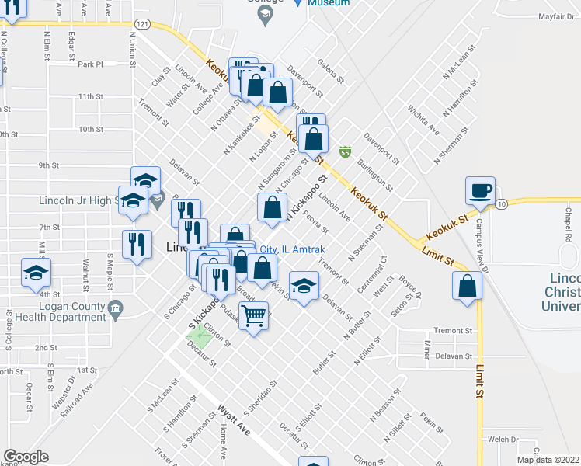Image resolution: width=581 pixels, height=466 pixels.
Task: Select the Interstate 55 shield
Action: (346, 151)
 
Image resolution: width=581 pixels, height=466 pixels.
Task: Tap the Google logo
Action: (26, 457)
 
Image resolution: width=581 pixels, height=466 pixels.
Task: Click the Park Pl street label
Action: (90, 64)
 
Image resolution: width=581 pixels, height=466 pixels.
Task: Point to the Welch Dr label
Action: (503, 439)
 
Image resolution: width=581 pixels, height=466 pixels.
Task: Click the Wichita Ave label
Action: (423, 120)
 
